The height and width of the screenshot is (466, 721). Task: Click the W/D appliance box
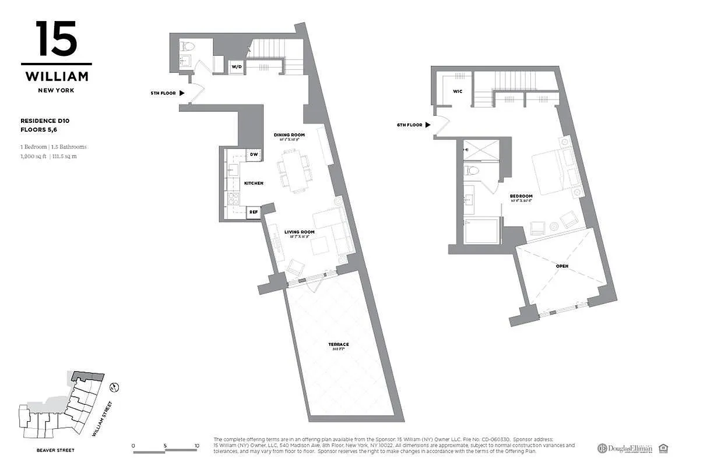pos(237,66)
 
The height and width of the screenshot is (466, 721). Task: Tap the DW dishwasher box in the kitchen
pos(254,155)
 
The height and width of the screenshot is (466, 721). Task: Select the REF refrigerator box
pos(254,213)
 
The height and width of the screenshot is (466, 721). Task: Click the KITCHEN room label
pos(254,183)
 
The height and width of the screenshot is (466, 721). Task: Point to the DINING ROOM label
pos(290,135)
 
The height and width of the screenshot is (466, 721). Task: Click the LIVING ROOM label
pos(299,232)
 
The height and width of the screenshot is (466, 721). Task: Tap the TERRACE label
pos(338,344)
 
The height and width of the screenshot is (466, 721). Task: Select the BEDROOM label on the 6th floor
pos(520,196)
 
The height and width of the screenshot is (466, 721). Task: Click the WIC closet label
pos(458,91)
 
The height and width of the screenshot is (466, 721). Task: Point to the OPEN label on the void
pos(562,266)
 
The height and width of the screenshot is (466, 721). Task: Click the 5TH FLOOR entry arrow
pos(182,93)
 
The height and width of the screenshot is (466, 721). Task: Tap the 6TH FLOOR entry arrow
pos(428,125)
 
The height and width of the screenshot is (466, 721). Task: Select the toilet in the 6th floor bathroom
pos(472,171)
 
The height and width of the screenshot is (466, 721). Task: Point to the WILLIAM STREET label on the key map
pos(104,419)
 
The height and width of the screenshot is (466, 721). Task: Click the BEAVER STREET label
pos(55,450)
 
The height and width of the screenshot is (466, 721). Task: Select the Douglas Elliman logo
pos(624,448)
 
